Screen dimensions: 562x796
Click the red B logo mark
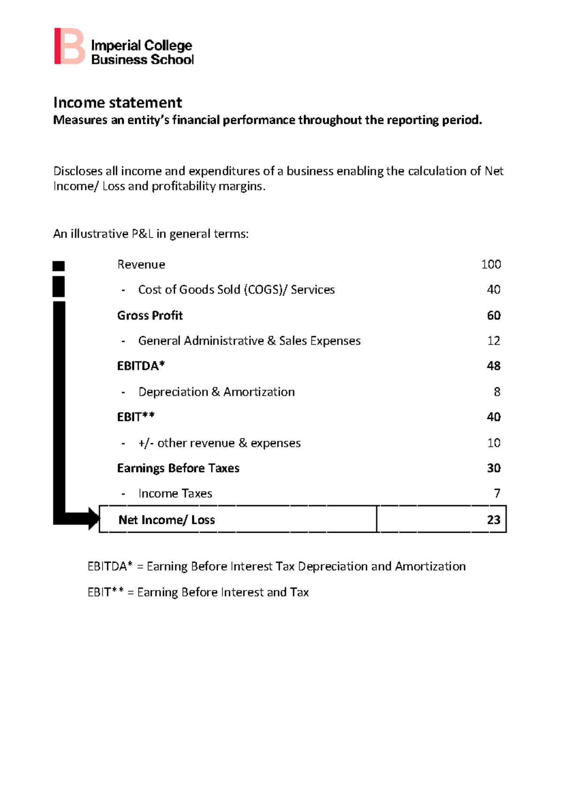(69, 46)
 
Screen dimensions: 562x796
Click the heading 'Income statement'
(118, 103)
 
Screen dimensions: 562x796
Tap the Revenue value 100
(491, 265)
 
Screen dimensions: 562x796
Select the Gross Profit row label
(150, 316)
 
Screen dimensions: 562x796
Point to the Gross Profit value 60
(494, 316)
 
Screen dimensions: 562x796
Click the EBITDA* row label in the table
(141, 366)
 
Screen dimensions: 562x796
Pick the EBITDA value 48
(494, 366)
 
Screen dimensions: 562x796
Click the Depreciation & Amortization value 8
(497, 392)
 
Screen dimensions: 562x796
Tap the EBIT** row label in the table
(136, 417)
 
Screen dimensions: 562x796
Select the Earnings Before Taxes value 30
(494, 468)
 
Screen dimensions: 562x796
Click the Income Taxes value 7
(497, 493)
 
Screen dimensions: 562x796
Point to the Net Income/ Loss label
(167, 520)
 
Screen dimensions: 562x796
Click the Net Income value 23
(494, 520)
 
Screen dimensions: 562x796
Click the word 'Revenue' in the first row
(141, 265)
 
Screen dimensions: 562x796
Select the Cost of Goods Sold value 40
(494, 290)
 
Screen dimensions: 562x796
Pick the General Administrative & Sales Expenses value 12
(494, 341)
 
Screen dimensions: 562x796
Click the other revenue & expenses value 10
(494, 443)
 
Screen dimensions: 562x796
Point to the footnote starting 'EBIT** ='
(198, 593)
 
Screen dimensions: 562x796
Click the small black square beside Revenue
(59, 266)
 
